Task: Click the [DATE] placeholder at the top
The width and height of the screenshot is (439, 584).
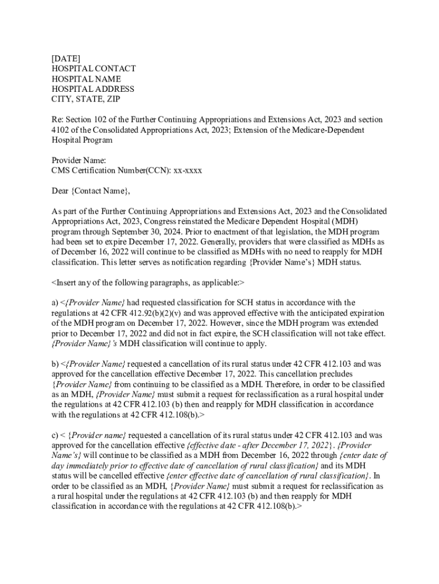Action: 66,58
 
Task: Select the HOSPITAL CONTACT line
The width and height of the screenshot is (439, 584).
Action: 94,68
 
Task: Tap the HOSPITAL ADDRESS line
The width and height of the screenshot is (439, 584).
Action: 93,89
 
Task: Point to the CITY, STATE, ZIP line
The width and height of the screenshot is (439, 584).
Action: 86,99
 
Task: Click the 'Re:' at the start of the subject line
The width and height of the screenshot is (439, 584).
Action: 57,119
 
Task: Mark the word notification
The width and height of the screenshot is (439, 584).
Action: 224,262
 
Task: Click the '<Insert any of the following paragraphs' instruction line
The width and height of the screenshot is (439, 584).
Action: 148,282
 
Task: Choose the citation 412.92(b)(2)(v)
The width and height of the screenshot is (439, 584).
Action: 163,313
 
